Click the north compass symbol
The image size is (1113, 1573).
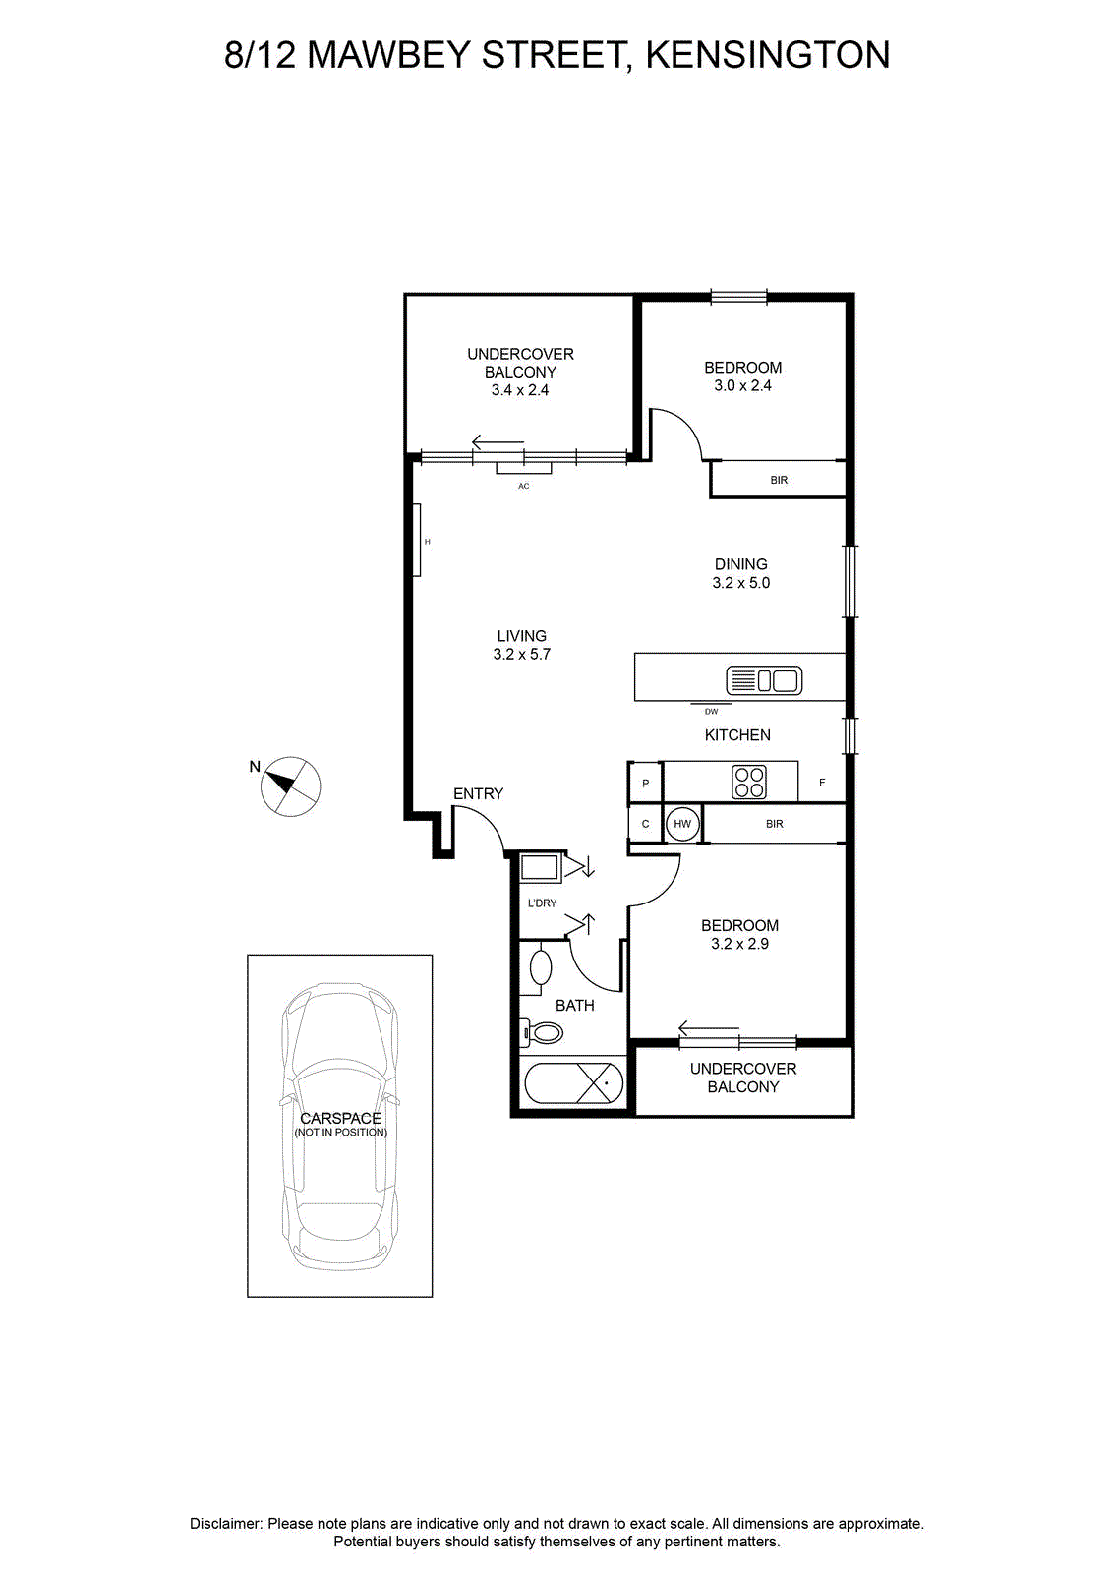(290, 786)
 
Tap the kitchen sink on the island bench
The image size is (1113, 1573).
(764, 679)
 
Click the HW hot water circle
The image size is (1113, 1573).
(681, 824)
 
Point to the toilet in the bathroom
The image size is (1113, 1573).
(542, 1031)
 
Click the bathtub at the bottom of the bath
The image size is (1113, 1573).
(573, 1082)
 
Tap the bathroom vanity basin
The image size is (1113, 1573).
(541, 967)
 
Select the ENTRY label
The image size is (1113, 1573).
(478, 793)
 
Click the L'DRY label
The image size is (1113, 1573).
(542, 903)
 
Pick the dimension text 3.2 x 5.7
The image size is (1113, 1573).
(522, 655)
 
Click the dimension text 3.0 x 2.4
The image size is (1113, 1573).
(743, 385)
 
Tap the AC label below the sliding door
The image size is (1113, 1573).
(523, 486)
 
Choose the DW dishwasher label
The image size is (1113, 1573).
(711, 712)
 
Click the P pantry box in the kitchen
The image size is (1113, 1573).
(645, 783)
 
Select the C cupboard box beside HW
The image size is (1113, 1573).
(645, 824)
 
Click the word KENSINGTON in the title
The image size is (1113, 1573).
(768, 55)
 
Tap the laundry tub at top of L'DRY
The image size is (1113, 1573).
(540, 868)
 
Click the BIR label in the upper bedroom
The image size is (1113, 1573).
(779, 481)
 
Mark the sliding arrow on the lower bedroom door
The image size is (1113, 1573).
(709, 1028)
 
